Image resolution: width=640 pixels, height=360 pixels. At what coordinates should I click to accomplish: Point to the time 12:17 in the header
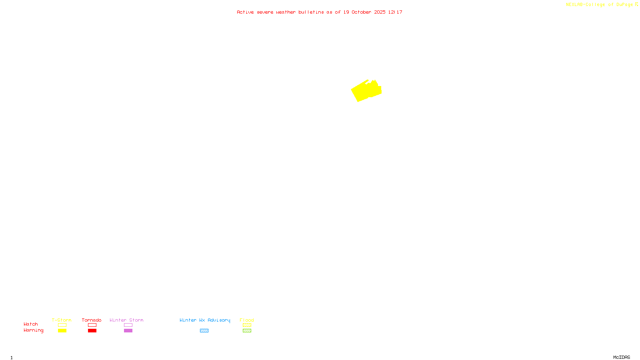tap(395, 12)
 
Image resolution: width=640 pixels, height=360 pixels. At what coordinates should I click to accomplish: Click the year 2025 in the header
tap(380, 12)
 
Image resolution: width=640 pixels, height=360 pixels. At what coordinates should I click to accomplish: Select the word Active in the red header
tap(245, 12)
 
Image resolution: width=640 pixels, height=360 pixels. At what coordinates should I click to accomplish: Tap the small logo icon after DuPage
tap(636, 4)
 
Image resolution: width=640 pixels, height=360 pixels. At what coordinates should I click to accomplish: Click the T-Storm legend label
tap(62, 320)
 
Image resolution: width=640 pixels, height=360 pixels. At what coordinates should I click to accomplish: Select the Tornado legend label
tap(92, 320)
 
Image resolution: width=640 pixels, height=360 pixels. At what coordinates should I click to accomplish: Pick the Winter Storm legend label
tap(126, 320)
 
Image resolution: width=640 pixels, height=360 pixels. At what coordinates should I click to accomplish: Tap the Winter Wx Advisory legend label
tap(205, 320)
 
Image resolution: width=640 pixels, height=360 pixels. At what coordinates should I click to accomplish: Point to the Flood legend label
tap(247, 320)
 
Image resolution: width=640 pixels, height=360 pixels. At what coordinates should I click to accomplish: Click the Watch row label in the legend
tap(31, 324)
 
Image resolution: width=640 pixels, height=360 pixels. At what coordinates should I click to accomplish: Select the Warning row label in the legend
tap(33, 330)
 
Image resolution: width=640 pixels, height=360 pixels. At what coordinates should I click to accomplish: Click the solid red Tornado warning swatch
tap(92, 331)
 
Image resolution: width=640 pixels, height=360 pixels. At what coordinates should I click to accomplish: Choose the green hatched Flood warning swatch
tap(247, 331)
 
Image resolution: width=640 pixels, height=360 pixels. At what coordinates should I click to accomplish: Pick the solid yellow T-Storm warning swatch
tap(62, 331)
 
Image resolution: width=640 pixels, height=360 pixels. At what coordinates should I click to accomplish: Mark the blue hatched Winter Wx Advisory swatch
tap(204, 331)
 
